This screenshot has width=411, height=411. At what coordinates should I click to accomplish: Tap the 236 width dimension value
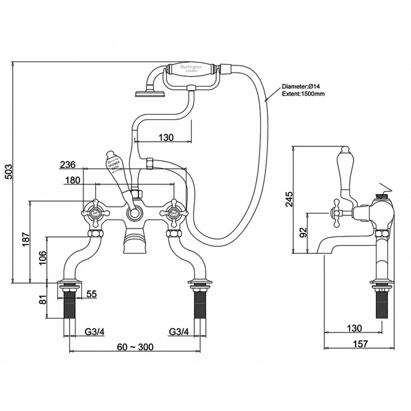click(x=68, y=165)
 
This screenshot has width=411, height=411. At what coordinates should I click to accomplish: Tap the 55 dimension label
click(x=91, y=294)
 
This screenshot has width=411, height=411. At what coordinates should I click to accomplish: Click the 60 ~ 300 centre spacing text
click(x=135, y=347)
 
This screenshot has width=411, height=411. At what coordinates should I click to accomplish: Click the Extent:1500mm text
click(x=303, y=94)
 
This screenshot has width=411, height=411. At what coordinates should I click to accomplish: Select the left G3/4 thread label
click(x=94, y=332)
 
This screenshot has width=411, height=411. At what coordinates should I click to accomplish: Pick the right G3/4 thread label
click(x=179, y=332)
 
